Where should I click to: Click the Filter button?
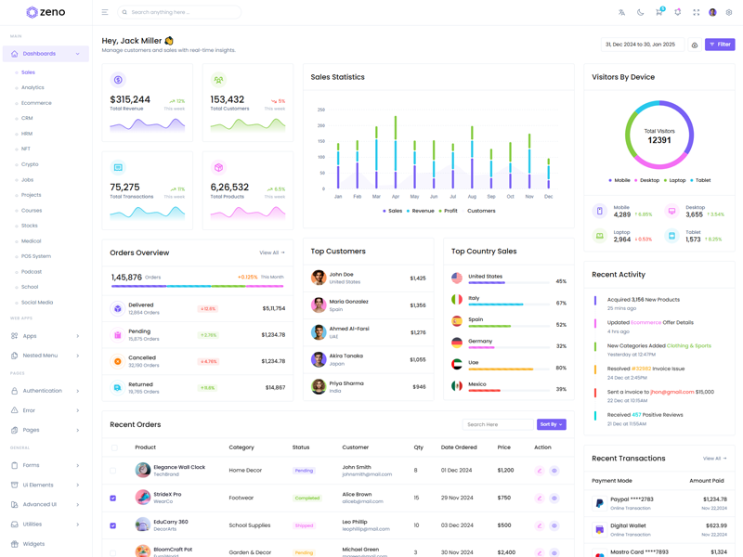[720, 45]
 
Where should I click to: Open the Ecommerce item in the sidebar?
[37, 103]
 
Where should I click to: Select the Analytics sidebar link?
[33, 87]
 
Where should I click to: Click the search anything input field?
[181, 12]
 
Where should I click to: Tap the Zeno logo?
[46, 12]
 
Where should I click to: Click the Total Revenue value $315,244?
[130, 99]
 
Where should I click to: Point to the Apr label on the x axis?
[396, 197]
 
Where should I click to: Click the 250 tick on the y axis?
[321, 110]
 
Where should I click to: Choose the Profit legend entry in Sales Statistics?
[448, 211]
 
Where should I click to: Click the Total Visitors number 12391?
[659, 140]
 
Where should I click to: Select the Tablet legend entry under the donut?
[700, 180]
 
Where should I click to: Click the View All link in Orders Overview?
[271, 253]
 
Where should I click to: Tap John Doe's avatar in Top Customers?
[319, 278]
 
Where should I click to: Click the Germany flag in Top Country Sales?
[457, 343]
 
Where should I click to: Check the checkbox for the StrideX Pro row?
[113, 499]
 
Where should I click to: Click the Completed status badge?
[306, 499]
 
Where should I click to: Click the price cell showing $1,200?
[505, 471]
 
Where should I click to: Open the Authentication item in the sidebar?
[43, 391]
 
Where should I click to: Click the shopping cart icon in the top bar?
[658, 12]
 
